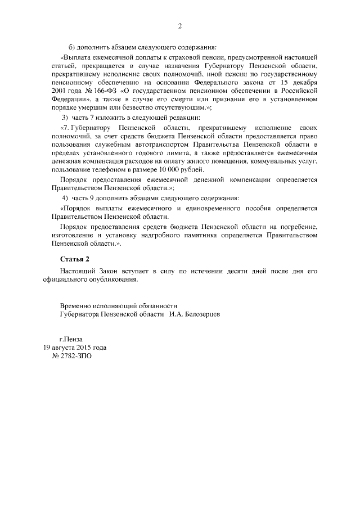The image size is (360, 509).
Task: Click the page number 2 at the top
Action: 180,26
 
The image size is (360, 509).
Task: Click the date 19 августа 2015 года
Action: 75,348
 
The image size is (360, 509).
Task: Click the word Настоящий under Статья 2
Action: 76,271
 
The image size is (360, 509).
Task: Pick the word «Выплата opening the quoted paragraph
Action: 76,58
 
